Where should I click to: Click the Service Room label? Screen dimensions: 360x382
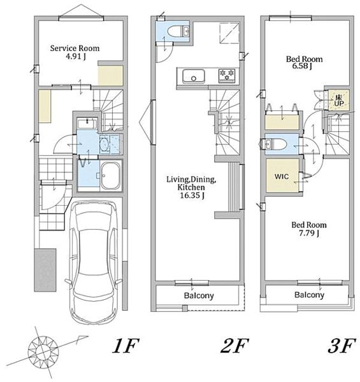pos(75,48)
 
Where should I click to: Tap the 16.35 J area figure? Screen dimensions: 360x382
pos(192,195)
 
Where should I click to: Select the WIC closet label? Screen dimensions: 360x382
pos(282,176)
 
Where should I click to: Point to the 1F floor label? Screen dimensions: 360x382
pos(126,346)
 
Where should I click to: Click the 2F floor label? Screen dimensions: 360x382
pos(234,346)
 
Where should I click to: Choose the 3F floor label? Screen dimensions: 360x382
pos(340,346)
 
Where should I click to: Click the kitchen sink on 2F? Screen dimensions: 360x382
pos(194,76)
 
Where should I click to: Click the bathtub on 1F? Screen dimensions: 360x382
pos(111,176)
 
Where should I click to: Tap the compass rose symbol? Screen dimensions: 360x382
pos(43,351)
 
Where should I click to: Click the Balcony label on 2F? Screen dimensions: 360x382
pos(199,295)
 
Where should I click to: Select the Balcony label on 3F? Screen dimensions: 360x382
pos(309,295)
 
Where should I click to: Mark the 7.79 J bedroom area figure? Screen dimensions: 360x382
pos(309,234)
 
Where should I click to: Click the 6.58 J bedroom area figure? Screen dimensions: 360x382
pos(302,66)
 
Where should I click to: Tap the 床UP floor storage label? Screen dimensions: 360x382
pos(339,100)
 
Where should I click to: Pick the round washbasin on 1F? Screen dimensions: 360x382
pos(104,145)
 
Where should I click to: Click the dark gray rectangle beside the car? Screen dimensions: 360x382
pos(45,270)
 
